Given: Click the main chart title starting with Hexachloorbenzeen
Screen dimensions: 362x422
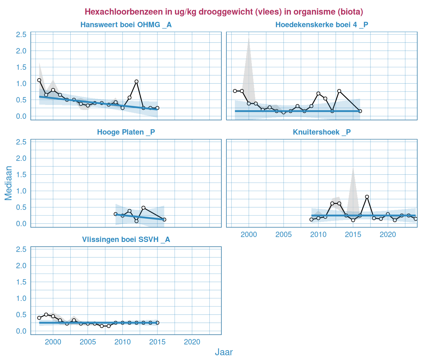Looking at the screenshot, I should tap(224, 12).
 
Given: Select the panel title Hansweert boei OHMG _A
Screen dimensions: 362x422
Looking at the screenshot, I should tap(126, 25).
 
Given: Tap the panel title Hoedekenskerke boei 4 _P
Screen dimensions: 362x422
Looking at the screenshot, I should tap(322, 25).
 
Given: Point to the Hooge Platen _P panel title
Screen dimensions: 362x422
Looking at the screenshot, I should tap(126, 132).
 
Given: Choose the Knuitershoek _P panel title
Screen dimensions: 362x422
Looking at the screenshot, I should tap(322, 132).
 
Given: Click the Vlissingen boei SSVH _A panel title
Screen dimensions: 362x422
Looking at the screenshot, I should tap(126, 240).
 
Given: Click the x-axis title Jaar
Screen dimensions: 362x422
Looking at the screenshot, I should tap(224, 352).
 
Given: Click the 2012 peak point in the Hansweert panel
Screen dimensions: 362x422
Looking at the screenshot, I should tap(137, 81).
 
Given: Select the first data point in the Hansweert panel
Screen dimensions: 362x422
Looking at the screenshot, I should tap(39, 80).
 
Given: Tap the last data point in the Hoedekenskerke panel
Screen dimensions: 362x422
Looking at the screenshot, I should tap(360, 111).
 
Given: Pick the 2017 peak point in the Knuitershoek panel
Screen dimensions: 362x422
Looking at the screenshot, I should tap(367, 197).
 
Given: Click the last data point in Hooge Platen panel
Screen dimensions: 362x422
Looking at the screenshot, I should tap(164, 220).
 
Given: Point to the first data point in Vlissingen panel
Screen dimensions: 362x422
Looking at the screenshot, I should tap(39, 318).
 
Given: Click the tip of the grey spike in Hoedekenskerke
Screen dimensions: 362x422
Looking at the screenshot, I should tap(249, 38).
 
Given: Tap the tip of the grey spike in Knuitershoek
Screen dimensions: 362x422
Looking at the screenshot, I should tap(353, 168).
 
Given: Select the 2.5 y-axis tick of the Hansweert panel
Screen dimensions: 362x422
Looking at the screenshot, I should tap(21, 35).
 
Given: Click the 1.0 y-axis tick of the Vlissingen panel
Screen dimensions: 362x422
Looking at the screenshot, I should tap(21, 299).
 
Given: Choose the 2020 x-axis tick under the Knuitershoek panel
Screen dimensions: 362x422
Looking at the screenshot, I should tap(388, 235).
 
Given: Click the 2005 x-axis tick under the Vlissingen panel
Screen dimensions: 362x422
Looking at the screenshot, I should tap(88, 342).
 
